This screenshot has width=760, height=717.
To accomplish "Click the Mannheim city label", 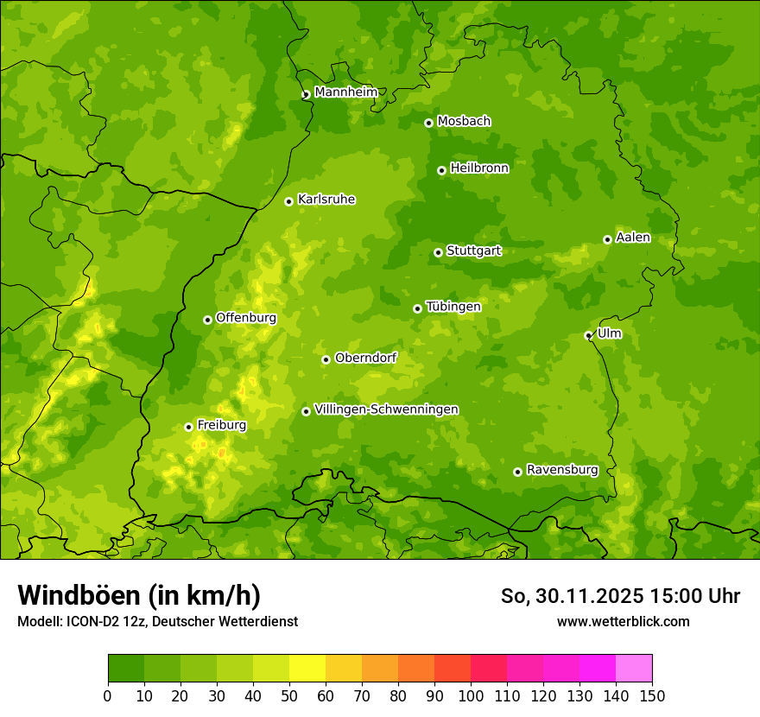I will click(x=345, y=92).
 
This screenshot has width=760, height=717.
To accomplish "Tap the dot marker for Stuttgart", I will click(x=438, y=252).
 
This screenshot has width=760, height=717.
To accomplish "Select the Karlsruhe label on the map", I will click(x=326, y=200).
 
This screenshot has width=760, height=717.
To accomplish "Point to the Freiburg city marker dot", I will click(x=188, y=427).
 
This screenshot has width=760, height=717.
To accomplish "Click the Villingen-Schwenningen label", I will click(x=386, y=409).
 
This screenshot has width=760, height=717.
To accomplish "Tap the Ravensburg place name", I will click(x=561, y=470).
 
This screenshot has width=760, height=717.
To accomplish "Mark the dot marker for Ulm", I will click(x=588, y=335).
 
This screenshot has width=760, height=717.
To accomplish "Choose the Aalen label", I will click(x=633, y=238).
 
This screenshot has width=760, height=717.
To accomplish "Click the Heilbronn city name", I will click(x=479, y=168).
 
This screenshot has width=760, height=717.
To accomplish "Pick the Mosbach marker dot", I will click(x=428, y=123).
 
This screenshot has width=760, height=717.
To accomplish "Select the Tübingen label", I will click(x=453, y=307).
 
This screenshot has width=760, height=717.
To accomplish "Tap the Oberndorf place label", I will click(x=365, y=358).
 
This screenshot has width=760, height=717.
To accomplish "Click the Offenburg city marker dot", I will click(x=207, y=320).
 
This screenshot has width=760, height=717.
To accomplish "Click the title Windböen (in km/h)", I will click(x=138, y=595).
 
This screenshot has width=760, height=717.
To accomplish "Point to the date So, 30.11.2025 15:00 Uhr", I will click(x=620, y=596).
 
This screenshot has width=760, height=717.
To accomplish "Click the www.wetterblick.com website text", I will click(x=623, y=621).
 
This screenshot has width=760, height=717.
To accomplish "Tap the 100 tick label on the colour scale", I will click(x=471, y=695).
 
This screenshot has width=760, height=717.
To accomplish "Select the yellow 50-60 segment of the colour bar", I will click(x=307, y=669).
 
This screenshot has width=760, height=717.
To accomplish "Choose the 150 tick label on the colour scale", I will click(x=652, y=695).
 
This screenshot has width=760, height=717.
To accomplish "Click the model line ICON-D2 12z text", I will click(x=157, y=621).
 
